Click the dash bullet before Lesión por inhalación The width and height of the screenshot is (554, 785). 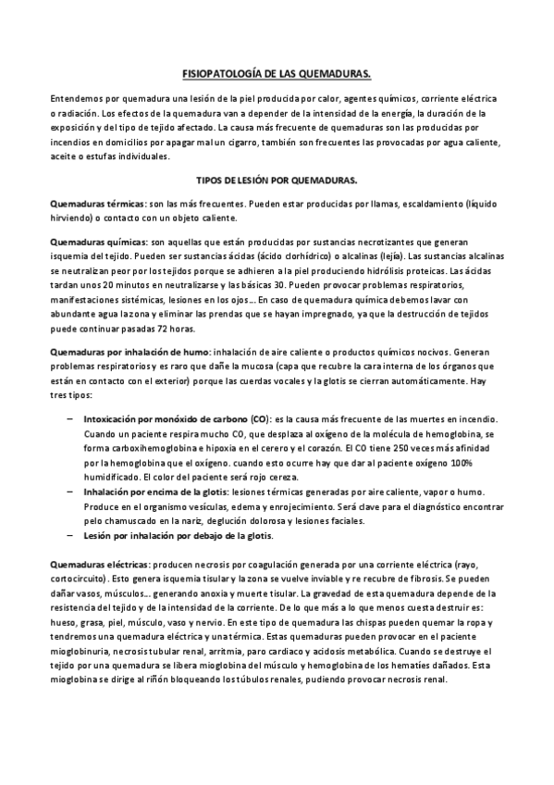tap(71, 536)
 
